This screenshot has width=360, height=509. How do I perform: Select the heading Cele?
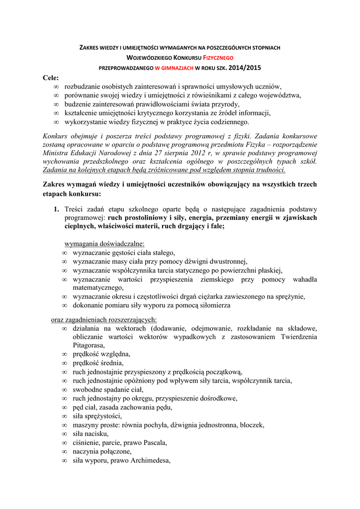(51, 78)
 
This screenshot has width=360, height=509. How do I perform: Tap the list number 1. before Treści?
(57, 209)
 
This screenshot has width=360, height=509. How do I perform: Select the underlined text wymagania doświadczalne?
(105, 244)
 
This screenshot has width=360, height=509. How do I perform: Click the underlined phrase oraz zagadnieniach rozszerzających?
(104, 320)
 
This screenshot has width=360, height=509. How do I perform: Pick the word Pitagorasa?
(89, 345)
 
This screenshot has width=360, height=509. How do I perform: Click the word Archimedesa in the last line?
(150, 460)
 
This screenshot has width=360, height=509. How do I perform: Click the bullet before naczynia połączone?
(64, 451)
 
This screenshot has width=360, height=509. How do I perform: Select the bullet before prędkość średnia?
(64, 363)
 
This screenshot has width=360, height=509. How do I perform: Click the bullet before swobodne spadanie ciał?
(64, 389)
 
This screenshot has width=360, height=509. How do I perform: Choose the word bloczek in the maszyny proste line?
(252, 425)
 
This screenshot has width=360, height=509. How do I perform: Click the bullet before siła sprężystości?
(64, 416)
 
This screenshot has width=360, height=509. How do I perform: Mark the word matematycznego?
(98, 287)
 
